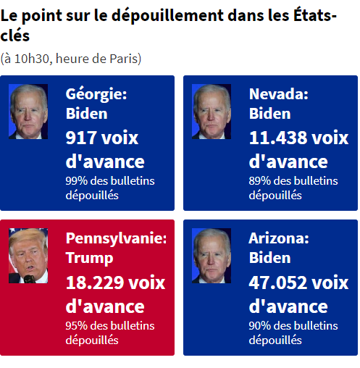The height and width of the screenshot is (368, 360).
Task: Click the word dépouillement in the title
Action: pyautogui.click(x=168, y=16)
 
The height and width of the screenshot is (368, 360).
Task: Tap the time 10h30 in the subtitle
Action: pyautogui.click(x=32, y=59)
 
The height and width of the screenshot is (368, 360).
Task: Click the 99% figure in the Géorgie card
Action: pyautogui.click(x=76, y=181)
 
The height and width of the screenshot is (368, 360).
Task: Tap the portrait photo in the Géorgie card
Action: pyautogui.click(x=28, y=112)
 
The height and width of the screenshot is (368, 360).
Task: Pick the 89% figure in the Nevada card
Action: pyautogui.click(x=260, y=181)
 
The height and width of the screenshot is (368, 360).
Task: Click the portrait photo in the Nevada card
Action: pyautogui.click(x=212, y=112)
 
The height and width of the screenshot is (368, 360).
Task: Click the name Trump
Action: pyautogui.click(x=89, y=258)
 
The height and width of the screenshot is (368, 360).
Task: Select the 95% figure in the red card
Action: pyautogui.click(x=76, y=326)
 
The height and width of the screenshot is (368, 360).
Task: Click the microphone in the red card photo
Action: pyautogui.click(x=30, y=279)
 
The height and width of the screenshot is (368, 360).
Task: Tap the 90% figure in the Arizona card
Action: pyautogui.click(x=260, y=326)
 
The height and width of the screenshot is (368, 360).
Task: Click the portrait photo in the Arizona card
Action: pyautogui.click(x=212, y=256)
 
